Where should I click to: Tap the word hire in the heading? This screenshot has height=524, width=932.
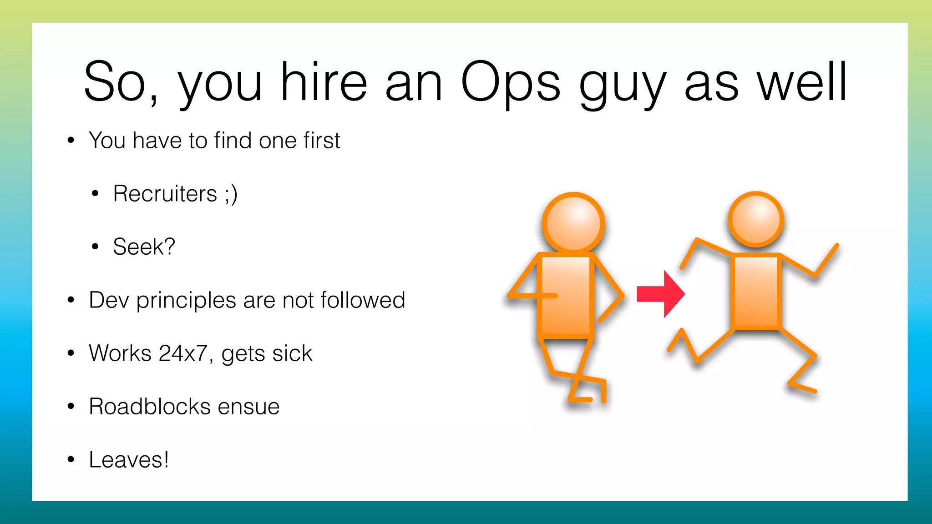click(x=324, y=82)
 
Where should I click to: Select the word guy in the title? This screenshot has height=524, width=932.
click(x=622, y=84)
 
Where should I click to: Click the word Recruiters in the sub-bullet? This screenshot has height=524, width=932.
click(x=165, y=194)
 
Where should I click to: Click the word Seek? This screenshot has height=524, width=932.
click(x=144, y=247)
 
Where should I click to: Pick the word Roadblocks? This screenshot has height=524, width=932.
click(x=149, y=407)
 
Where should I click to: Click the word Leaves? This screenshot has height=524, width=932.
click(x=129, y=460)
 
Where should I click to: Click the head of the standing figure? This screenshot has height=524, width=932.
click(x=573, y=222)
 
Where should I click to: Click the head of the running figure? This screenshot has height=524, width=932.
click(x=756, y=220)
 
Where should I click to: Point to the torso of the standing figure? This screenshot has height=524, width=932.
click(x=566, y=296)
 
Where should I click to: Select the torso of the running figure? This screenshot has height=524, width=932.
click(x=756, y=292)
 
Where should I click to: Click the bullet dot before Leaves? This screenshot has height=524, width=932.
click(x=71, y=459)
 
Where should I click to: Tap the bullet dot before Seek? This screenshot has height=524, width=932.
click(x=95, y=247)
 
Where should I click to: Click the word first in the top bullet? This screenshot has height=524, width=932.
click(x=322, y=141)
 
